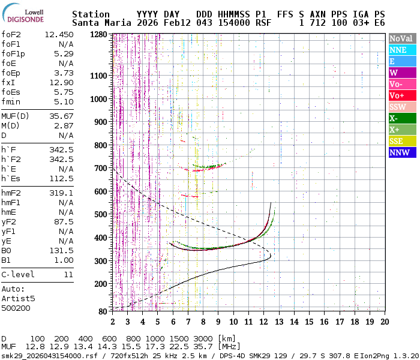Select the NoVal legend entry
tap(401, 38)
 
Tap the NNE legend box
tap(401, 50)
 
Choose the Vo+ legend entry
tap(401, 96)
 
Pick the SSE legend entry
tap(401, 141)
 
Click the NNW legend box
tap(401, 153)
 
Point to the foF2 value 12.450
tap(59, 34)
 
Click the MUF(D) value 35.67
tap(61, 116)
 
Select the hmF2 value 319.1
tap(61, 193)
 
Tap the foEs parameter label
tap(11, 92)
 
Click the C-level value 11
tap(68, 274)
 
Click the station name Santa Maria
tap(100, 23)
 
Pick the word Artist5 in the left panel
tap(18, 298)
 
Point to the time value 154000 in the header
tap(232, 23)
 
